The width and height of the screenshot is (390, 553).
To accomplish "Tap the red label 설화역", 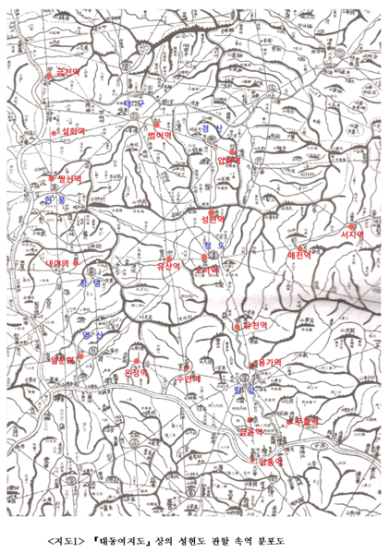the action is [73, 132].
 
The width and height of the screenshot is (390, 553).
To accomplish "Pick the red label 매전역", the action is [301, 252].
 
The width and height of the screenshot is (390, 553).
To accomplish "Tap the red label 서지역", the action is [352, 235].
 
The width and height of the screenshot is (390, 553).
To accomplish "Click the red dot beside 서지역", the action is [351, 224].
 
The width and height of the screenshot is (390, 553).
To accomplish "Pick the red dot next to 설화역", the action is [55, 131].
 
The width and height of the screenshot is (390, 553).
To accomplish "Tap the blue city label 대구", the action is [135, 103].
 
